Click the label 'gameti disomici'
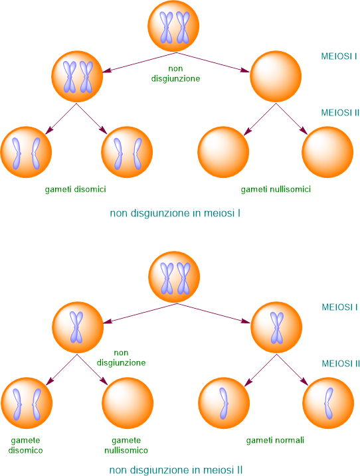(x=75, y=189)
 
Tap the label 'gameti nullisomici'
(x=276, y=189)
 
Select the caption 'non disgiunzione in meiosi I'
(x=175, y=213)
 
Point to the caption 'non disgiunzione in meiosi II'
(x=176, y=470)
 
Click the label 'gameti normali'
(x=275, y=440)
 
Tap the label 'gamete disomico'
(x=25, y=445)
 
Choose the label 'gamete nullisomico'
(x=126, y=445)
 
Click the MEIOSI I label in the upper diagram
(x=339, y=56)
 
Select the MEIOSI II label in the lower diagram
(x=341, y=363)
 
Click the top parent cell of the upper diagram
(x=173, y=26)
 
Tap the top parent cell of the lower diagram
(x=174, y=277)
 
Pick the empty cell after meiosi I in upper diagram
(x=276, y=76)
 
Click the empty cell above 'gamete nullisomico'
(x=128, y=403)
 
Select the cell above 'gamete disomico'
(x=27, y=403)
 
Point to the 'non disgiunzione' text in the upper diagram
(x=175, y=74)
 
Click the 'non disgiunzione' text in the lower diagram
(x=121, y=358)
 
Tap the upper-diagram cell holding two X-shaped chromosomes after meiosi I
(x=77, y=76)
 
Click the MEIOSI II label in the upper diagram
(x=340, y=113)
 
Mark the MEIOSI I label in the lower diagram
(x=339, y=307)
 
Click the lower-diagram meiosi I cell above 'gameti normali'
(x=276, y=327)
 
